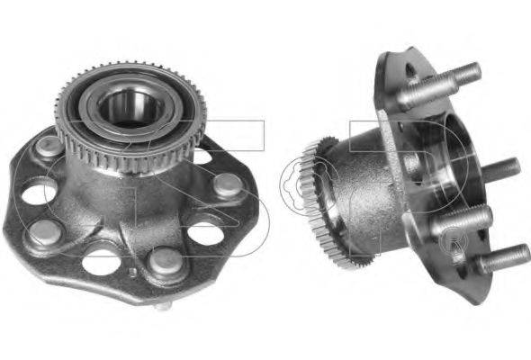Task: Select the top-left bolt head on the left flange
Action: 49,146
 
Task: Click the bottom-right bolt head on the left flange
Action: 164,260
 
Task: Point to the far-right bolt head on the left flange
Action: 228,185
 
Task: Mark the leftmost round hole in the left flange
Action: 38,191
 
